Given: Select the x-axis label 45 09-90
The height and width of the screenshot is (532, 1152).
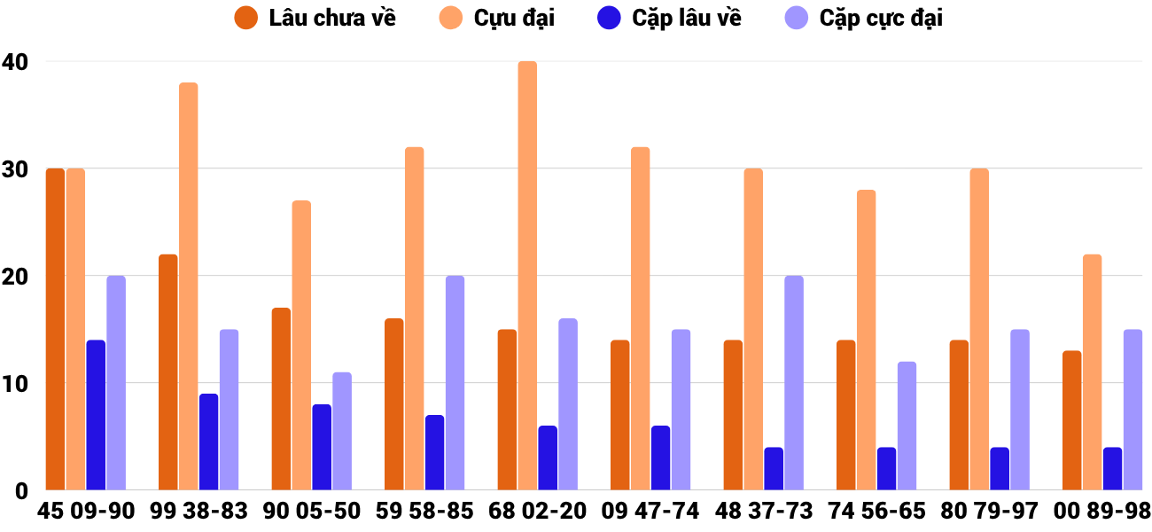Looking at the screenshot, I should coord(85,512).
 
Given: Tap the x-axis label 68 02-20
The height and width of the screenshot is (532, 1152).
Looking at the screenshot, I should coord(537,512).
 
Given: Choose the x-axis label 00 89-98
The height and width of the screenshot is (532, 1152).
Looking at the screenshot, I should coord(1102,512).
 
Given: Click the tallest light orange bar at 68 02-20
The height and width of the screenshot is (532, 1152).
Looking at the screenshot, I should coord(527,276).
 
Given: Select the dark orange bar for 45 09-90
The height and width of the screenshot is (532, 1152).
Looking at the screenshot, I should coord(55,329).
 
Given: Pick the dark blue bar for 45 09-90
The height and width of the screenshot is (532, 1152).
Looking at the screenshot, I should coord(96,415).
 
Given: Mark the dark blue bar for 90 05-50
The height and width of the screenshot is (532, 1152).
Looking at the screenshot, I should coord(322,447).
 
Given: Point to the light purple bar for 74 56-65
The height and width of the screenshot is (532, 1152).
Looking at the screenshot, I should coord(907,426).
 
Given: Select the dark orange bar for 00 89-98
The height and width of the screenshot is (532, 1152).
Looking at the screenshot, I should coord(1071,420).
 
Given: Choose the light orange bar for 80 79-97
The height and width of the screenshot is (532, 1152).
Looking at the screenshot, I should coord(979,329).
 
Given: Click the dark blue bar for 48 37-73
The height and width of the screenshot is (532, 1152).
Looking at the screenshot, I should coord(774,468).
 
